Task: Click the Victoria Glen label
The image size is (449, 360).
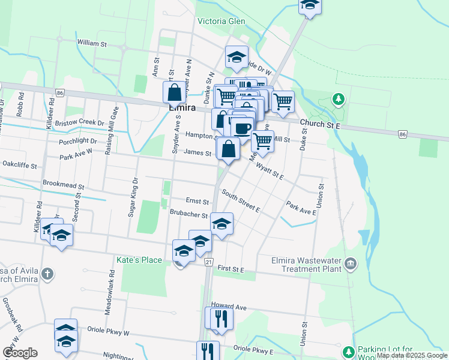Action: (x=221, y=21)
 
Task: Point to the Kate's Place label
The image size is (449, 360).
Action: (x=139, y=260)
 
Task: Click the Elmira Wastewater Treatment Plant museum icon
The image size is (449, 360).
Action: (x=351, y=263)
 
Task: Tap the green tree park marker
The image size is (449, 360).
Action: (x=339, y=98)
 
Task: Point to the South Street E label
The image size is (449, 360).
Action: (x=240, y=201)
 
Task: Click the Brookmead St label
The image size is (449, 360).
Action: (x=62, y=187)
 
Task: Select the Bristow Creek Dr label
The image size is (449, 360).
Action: (x=80, y=122)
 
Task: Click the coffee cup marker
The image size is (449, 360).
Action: (x=243, y=128)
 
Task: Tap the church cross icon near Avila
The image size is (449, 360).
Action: (x=47, y=274)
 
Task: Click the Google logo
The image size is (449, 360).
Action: (x=20, y=353)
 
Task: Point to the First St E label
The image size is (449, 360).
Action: (x=231, y=270)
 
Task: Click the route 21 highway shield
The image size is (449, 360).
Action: (x=209, y=262)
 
